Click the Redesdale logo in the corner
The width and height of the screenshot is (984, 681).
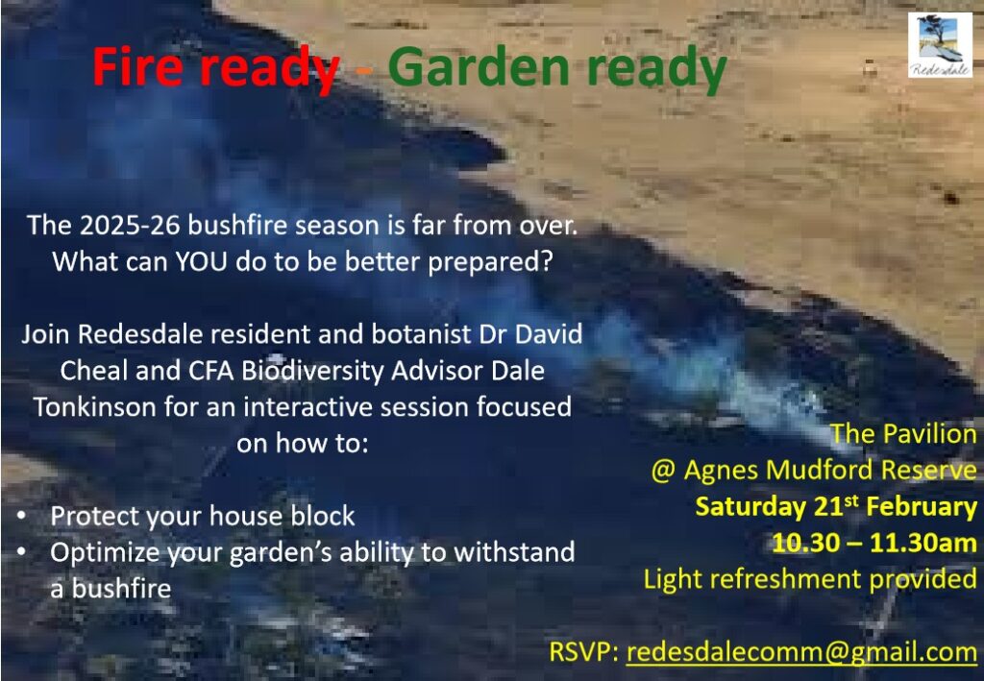click(x=940, y=45)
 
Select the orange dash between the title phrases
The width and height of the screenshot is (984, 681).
click(x=364, y=71)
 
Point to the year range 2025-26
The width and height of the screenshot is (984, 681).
click(x=130, y=225)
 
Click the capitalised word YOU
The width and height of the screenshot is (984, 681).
click(x=200, y=261)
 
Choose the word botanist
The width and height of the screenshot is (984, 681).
click(x=422, y=333)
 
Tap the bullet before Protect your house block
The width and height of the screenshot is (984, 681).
click(x=22, y=516)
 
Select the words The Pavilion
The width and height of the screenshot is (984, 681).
click(x=903, y=434)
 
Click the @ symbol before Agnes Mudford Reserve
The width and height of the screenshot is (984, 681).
click(x=663, y=471)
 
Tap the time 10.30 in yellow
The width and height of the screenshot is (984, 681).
click(x=805, y=543)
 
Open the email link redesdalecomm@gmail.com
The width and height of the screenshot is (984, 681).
click(x=801, y=651)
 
